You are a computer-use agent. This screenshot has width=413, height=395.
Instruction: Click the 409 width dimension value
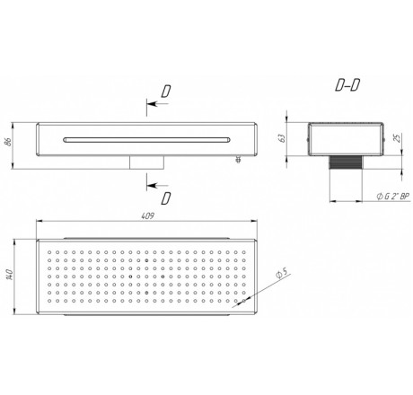147,215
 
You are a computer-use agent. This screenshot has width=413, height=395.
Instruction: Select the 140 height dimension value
9,275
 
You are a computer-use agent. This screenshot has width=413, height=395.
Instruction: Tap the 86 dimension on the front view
8,142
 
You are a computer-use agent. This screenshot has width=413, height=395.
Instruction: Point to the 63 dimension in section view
281,138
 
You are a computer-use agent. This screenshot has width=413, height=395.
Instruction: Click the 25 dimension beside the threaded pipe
397,138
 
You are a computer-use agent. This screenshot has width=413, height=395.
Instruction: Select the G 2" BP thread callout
393,197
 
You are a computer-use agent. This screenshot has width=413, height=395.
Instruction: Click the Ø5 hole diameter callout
282,274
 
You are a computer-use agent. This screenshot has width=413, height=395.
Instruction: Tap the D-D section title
347,85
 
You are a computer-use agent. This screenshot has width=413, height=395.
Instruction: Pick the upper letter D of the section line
165,92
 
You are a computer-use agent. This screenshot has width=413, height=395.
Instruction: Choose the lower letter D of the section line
166,198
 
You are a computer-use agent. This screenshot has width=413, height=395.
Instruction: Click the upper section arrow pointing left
158,104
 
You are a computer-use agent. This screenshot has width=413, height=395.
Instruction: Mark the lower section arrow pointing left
158,185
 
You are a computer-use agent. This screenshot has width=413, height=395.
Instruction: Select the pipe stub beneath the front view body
146,162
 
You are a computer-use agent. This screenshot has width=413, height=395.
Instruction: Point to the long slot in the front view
146,140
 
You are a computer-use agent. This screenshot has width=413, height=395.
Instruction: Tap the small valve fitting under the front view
239,159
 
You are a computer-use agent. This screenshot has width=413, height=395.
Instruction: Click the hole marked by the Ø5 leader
243,301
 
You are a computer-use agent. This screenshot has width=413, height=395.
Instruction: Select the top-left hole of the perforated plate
49,252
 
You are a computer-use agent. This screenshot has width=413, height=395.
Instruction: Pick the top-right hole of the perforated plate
243,252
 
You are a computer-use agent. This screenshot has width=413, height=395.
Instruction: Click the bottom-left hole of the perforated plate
49,301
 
